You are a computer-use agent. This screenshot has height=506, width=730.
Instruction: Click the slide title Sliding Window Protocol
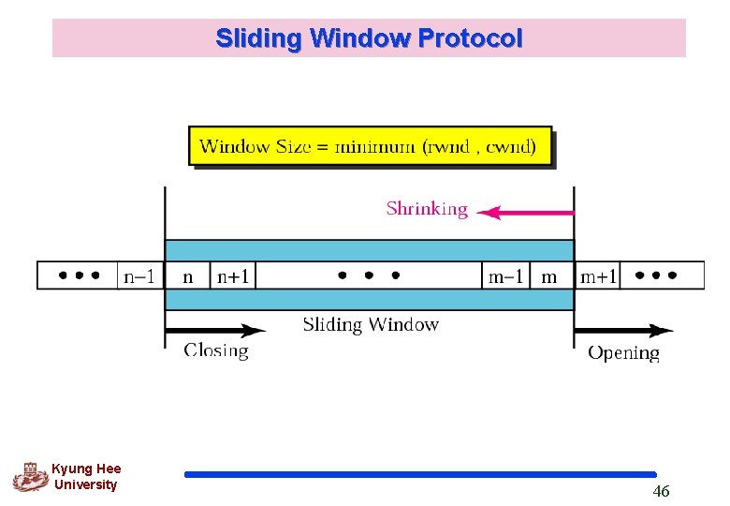coord(369,38)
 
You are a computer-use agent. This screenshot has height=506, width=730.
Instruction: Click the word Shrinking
coord(427,209)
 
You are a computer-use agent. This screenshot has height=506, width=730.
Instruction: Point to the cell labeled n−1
coord(141,275)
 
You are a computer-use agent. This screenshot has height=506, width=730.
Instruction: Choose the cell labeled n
coord(187,275)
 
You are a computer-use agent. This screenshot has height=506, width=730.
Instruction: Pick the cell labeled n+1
coord(233,275)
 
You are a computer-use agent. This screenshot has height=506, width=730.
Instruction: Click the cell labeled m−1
coord(506,275)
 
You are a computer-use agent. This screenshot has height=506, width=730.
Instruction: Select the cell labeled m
coord(550,275)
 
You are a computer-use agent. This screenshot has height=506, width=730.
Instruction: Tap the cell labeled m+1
coord(598,275)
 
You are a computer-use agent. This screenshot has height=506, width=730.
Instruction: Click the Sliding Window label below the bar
coord(371,325)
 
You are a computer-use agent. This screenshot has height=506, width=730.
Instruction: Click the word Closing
coord(216,350)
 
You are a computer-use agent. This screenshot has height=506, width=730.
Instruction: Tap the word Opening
coord(623,352)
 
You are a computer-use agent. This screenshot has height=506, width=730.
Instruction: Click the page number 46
coord(661,492)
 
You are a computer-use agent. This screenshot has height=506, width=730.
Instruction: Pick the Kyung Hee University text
coord(86,477)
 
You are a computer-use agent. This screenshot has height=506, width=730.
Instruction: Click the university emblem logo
coord(30,477)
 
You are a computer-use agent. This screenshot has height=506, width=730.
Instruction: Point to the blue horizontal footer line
coord(420,474)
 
